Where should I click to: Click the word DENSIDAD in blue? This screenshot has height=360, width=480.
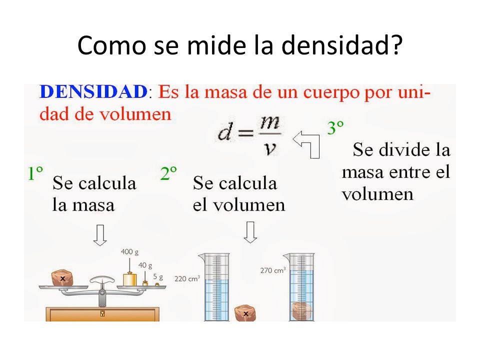pos(93,92)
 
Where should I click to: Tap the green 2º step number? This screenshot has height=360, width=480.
pos(168,173)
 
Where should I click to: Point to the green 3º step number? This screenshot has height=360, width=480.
pos(335,128)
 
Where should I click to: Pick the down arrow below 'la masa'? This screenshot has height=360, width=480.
pos(100,234)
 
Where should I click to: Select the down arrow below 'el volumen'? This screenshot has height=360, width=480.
pos(250,232)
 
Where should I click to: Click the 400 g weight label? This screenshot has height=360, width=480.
pos(130,252)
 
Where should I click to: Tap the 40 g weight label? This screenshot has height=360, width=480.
pos(145,264)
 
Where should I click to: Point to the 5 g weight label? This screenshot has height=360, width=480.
pos(158,275)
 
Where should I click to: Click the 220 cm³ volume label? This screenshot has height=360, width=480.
pos(187,278)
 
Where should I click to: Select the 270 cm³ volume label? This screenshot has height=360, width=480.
pos(272,270)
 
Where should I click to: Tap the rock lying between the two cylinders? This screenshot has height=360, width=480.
pos(246,312)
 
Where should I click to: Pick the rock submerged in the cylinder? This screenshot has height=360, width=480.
pos(301,310)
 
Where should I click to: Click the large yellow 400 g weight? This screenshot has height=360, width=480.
pos(130,279)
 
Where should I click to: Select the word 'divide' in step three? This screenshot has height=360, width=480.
pos(398,149)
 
